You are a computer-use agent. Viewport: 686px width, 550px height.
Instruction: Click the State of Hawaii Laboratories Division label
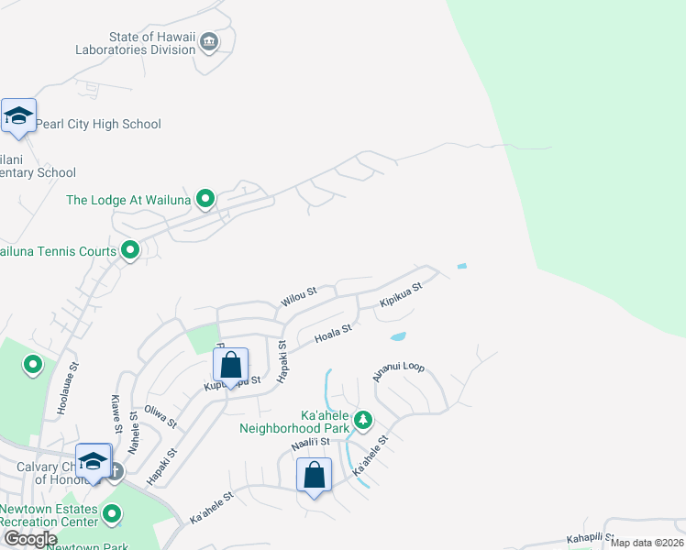(152, 43)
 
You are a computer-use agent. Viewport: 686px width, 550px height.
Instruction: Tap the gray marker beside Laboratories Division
(209, 41)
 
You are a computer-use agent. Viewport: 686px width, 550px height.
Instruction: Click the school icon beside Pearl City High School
(18, 116)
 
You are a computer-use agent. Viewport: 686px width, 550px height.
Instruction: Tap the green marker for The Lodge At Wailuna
(206, 198)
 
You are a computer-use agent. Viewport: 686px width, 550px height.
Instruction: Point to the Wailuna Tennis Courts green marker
(130, 249)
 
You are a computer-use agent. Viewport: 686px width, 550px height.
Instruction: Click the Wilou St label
(299, 296)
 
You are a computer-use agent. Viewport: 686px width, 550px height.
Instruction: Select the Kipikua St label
(401, 295)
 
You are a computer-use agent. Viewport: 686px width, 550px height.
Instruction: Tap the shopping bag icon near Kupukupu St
(231, 364)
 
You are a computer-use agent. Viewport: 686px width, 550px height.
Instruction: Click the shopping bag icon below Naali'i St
(314, 475)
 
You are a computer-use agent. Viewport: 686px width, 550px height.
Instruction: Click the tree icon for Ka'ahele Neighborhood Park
(363, 420)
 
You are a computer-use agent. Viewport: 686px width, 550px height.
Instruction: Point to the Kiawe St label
(116, 413)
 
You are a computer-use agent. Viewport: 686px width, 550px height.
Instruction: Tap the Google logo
(29, 539)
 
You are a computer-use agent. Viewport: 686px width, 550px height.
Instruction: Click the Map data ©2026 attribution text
(647, 543)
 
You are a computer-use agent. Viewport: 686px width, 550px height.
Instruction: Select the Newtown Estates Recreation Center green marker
(112, 515)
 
